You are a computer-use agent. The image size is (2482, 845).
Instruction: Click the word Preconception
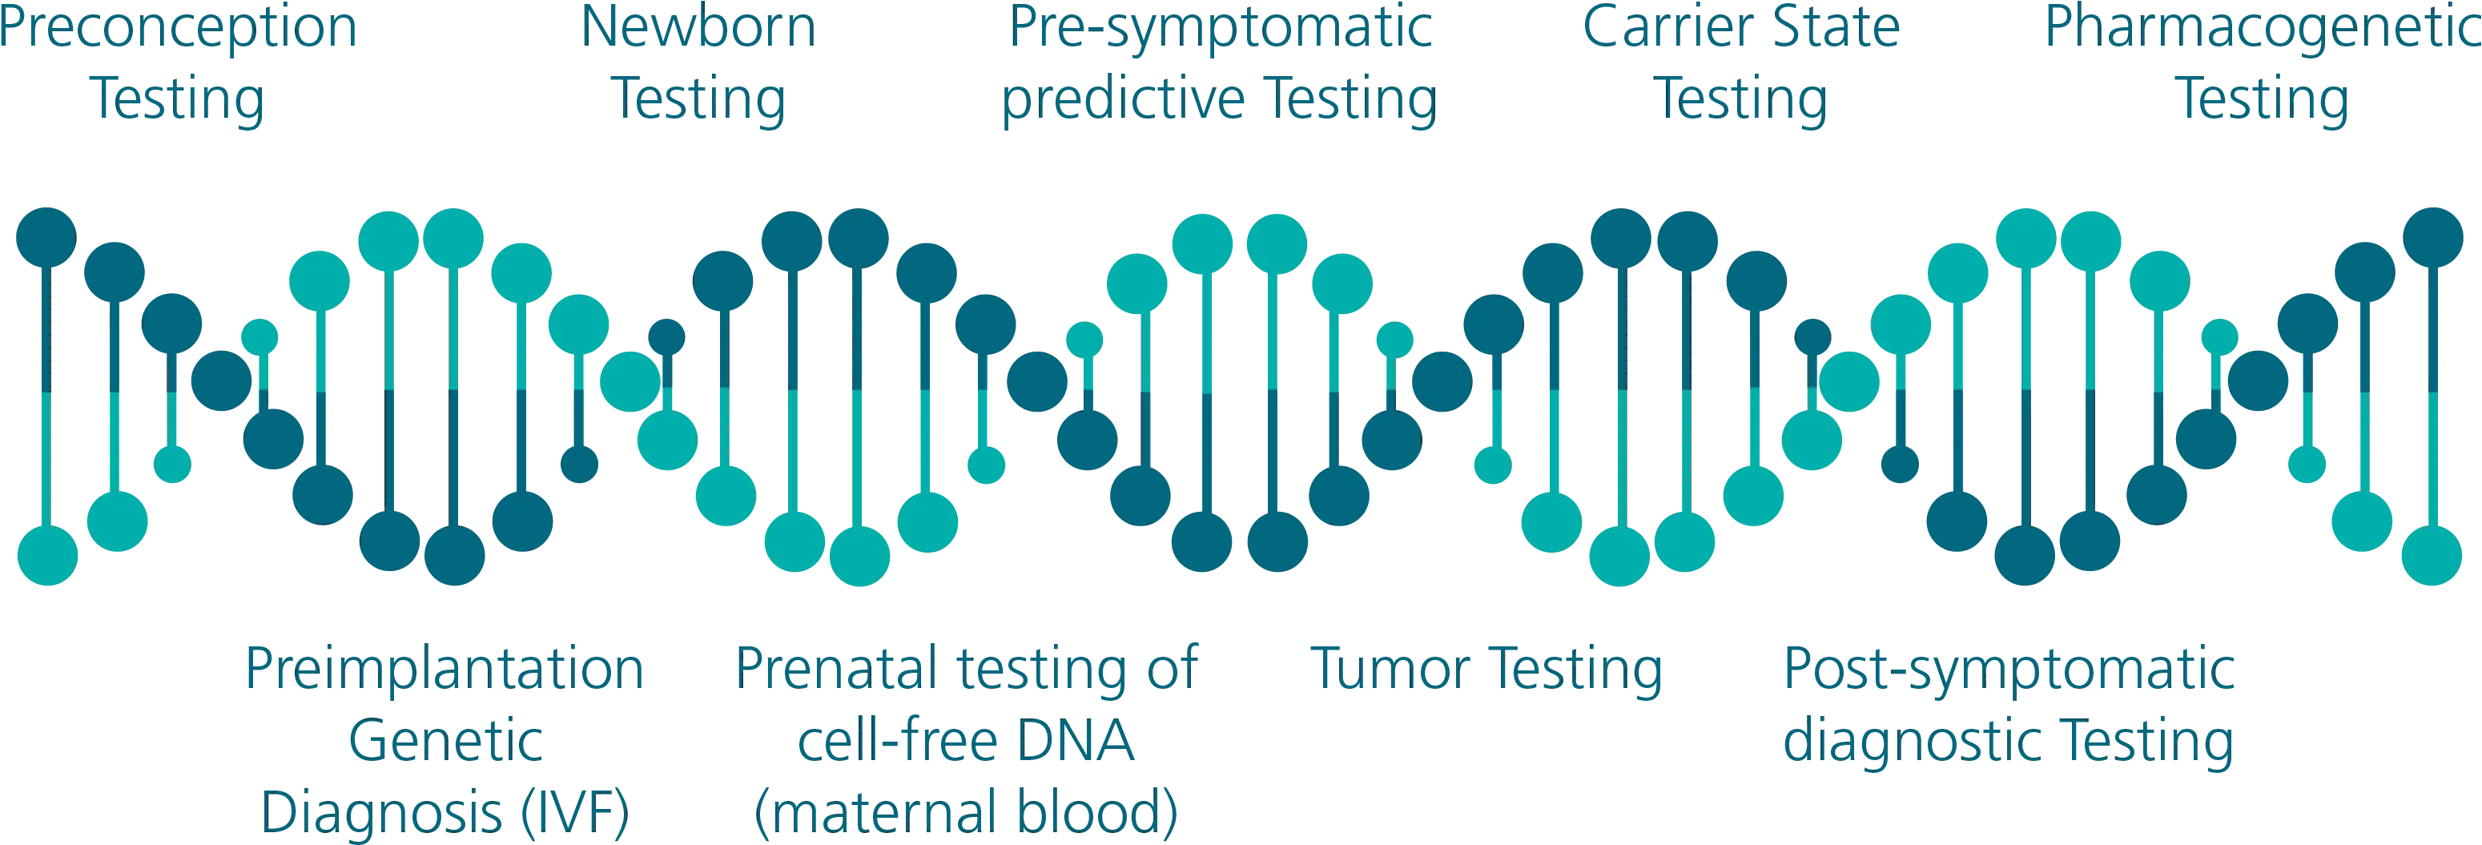tap(179, 29)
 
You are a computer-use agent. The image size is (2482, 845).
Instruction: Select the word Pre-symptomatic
tap(1220, 29)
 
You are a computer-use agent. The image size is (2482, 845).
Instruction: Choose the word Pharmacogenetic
tap(2263, 29)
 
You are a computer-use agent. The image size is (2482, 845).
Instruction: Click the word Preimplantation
tap(445, 670)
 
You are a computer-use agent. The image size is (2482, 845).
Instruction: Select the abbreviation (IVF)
tap(575, 812)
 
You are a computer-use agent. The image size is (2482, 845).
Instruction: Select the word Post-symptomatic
tap(2009, 670)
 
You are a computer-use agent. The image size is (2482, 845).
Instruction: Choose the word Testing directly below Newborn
tap(698, 100)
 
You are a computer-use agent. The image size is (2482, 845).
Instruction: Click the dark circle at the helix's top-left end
tap(46, 237)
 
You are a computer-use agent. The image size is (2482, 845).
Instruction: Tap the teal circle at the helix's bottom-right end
tap(2431, 555)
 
